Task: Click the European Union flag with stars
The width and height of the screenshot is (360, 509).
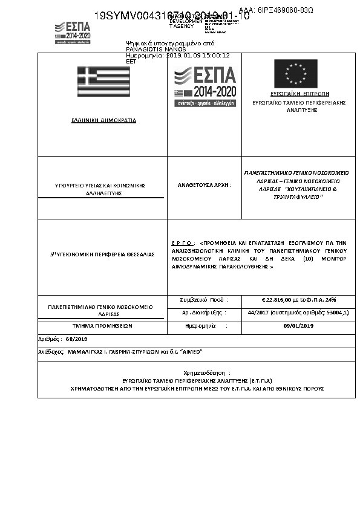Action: click(x=295, y=74)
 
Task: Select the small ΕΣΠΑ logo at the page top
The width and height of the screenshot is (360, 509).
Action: click(x=72, y=31)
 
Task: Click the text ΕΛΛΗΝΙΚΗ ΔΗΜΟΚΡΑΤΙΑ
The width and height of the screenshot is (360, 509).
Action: click(x=103, y=120)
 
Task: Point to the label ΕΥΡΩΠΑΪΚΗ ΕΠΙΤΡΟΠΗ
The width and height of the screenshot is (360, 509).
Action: click(x=299, y=94)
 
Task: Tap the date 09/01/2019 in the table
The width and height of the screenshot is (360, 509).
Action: click(x=298, y=326)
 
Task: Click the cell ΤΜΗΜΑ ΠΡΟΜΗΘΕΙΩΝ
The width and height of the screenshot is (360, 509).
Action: click(x=102, y=326)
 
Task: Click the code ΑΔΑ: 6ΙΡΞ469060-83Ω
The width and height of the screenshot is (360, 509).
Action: click(x=276, y=10)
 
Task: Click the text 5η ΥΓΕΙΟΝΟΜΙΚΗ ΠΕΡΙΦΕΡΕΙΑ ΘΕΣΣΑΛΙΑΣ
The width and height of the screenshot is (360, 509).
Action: click(x=102, y=254)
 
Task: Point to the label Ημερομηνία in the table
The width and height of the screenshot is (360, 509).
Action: click(x=200, y=326)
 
